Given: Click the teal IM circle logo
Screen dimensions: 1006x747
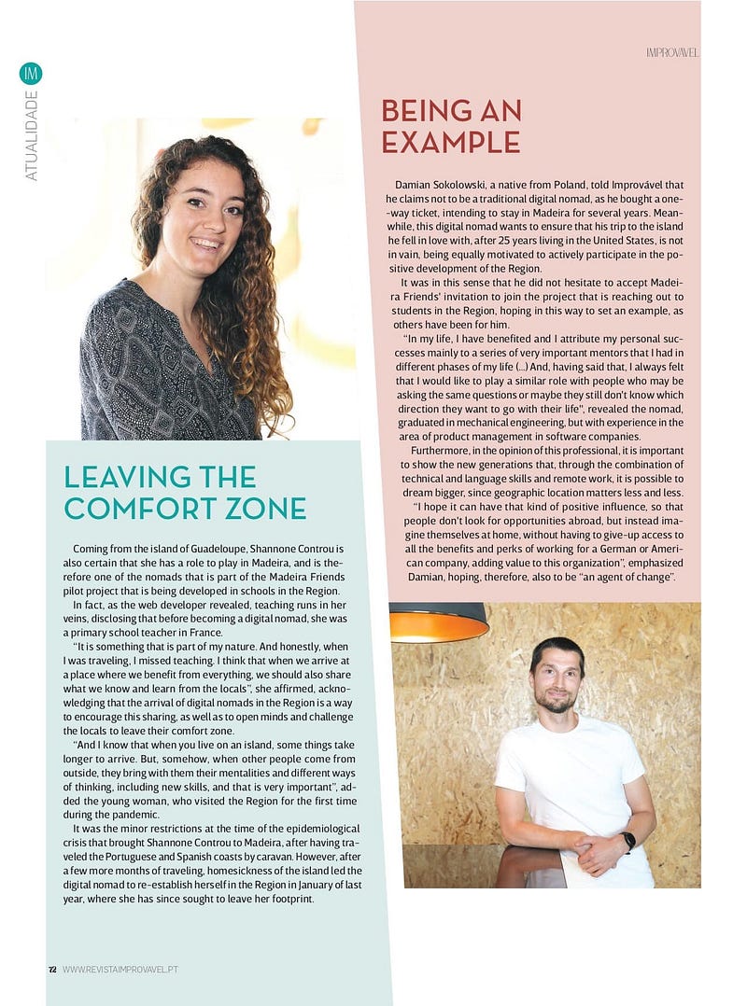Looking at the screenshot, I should (x=31, y=73).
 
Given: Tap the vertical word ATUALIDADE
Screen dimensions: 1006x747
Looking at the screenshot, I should (x=32, y=135).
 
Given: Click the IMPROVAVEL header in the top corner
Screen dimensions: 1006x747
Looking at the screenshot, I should (x=671, y=52).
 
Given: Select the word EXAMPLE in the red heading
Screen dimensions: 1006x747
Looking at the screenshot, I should (x=450, y=142).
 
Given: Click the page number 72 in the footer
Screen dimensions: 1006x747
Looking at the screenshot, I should (x=52, y=970).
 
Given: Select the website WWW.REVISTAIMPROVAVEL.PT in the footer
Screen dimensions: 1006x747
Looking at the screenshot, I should (x=120, y=970).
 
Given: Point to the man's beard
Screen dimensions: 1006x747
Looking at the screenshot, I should (x=557, y=702).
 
